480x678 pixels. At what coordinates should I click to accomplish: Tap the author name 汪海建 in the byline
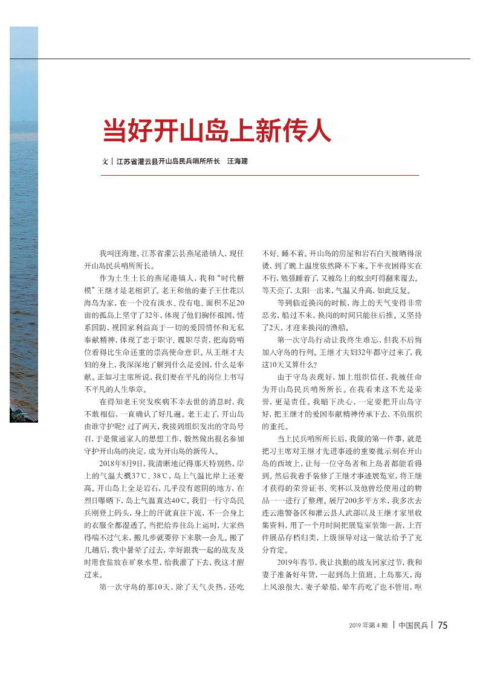point(238,162)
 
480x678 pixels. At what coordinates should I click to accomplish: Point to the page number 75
point(443,625)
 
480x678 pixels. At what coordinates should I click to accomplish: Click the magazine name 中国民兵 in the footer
point(414,625)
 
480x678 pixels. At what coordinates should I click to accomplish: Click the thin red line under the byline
point(260,175)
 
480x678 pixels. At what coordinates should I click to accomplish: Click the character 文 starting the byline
point(105,162)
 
